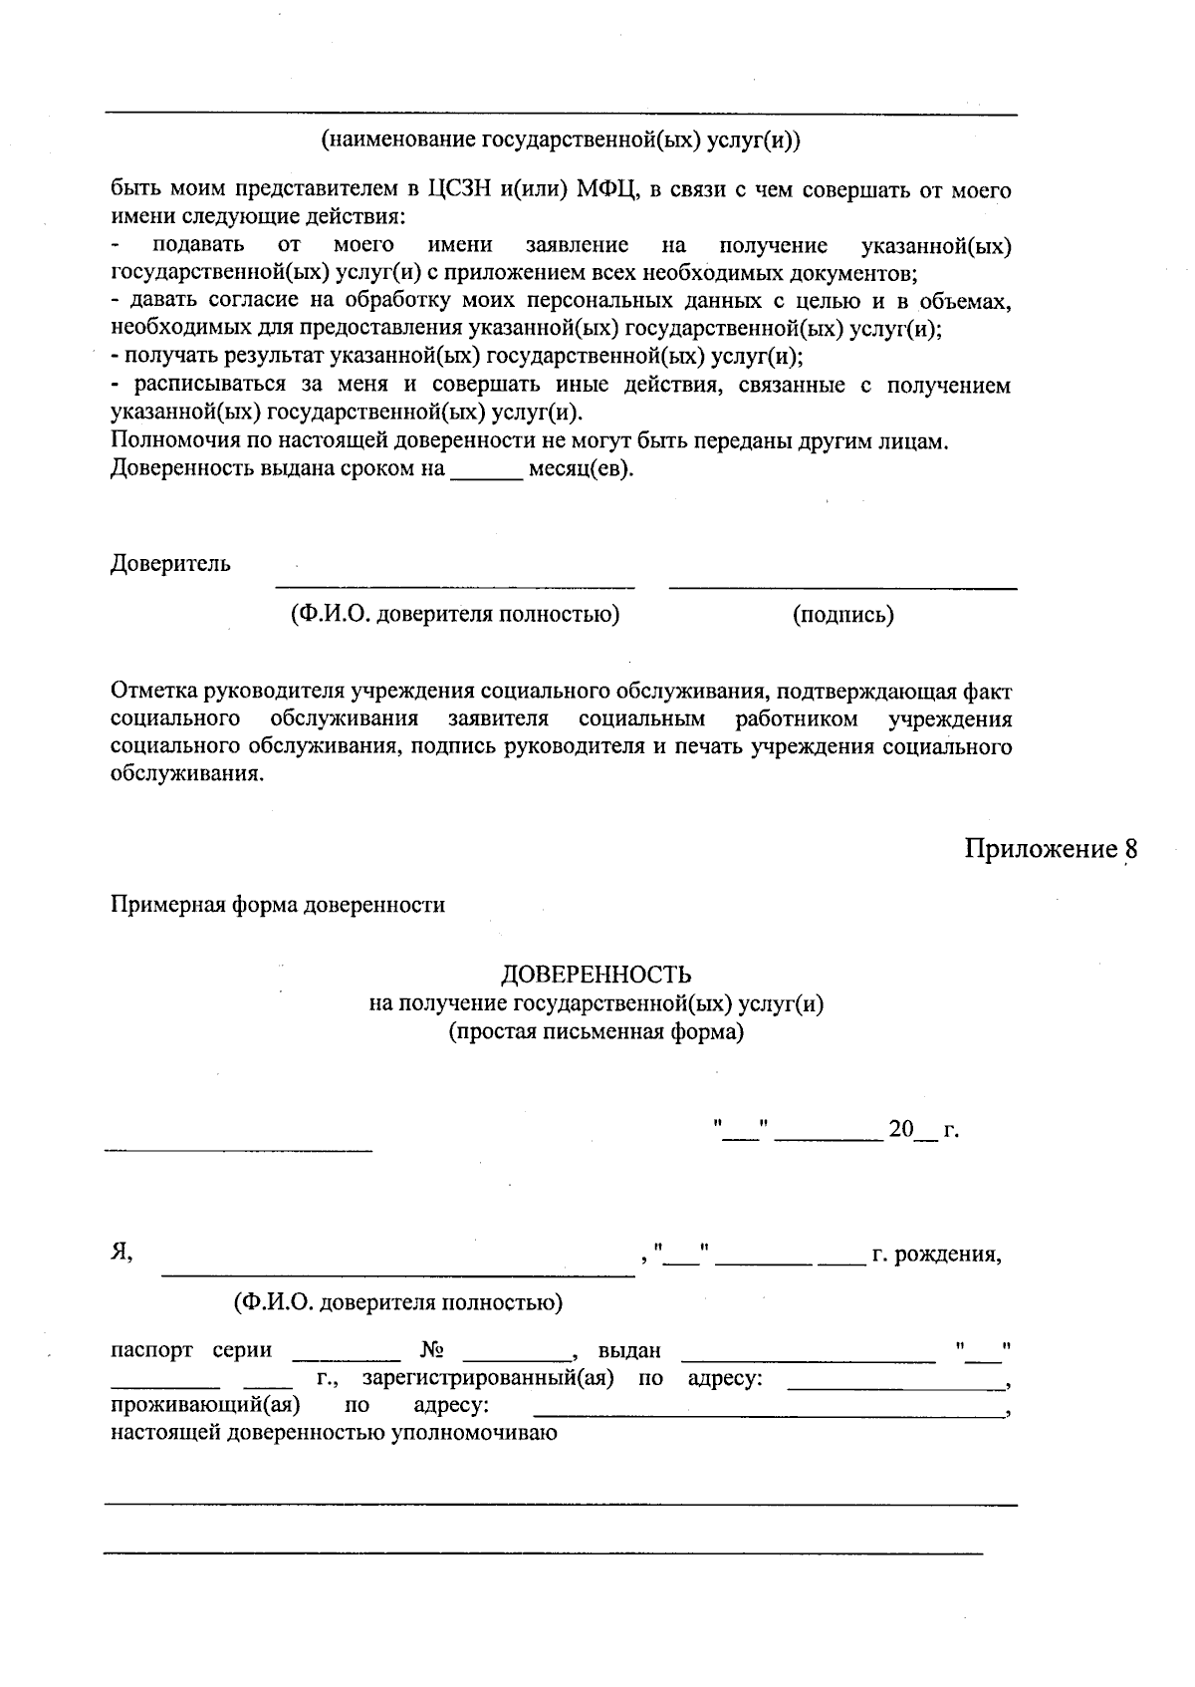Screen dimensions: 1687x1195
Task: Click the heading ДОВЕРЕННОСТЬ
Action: pos(596,974)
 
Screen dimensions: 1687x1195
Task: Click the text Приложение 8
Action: pos(1050,849)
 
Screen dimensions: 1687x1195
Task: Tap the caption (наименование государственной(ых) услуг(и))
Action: pos(560,141)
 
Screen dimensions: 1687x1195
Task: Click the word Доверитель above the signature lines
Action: pos(170,564)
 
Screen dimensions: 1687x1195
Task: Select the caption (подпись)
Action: pos(842,615)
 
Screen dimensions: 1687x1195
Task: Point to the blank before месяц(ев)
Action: pos(487,469)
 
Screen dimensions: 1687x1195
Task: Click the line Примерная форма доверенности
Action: pos(277,905)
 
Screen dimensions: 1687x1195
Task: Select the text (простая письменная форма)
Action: pos(596,1032)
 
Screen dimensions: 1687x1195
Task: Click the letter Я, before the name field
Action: pos(121,1254)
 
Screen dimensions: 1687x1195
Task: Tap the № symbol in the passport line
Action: pos(432,1351)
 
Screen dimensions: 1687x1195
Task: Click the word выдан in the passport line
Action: pos(629,1351)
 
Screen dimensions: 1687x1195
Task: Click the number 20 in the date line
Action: pos(900,1130)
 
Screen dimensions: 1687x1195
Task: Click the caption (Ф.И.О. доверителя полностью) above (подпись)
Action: pos(454,615)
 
